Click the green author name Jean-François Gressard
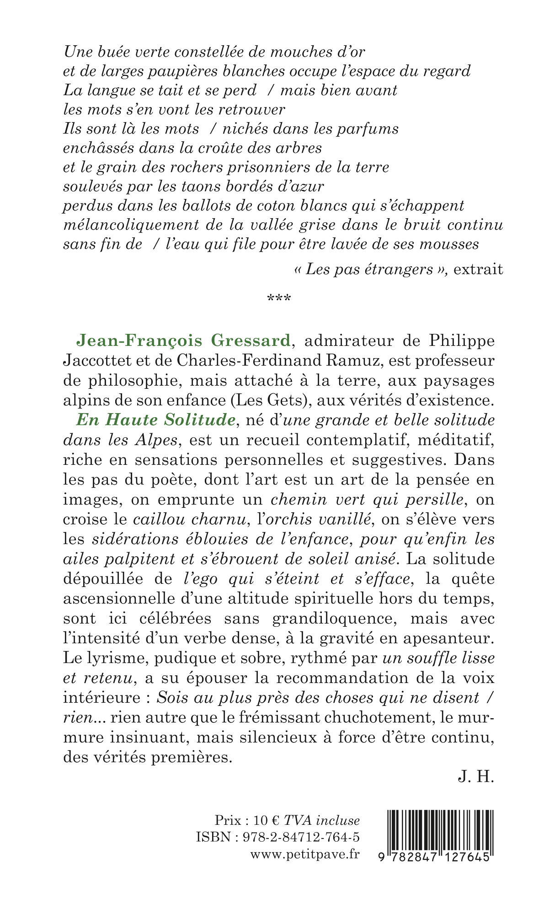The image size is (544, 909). [x=183, y=341]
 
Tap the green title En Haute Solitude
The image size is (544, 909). [x=155, y=420]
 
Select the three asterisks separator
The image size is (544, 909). [x=278, y=299]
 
